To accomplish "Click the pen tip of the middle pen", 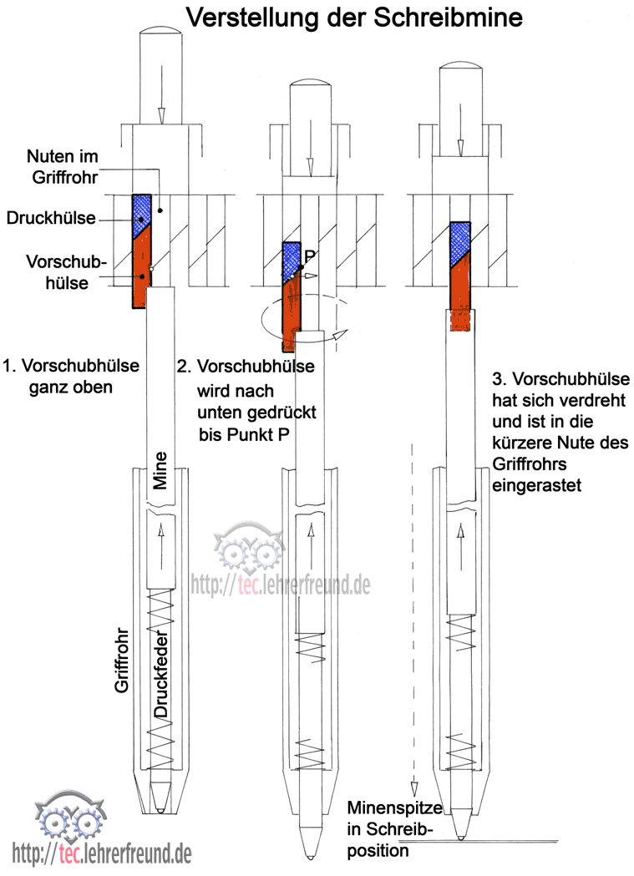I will [311, 854].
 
